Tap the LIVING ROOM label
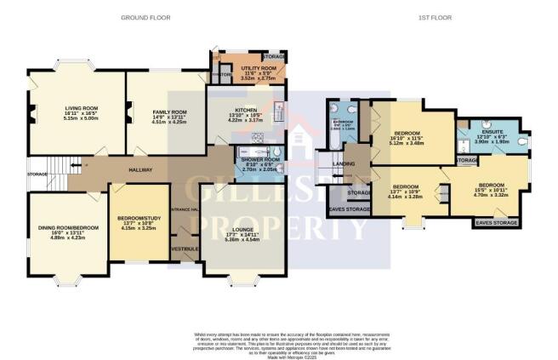pos(83,108)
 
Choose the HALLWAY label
pos(140,170)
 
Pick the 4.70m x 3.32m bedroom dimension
pos(489,194)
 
